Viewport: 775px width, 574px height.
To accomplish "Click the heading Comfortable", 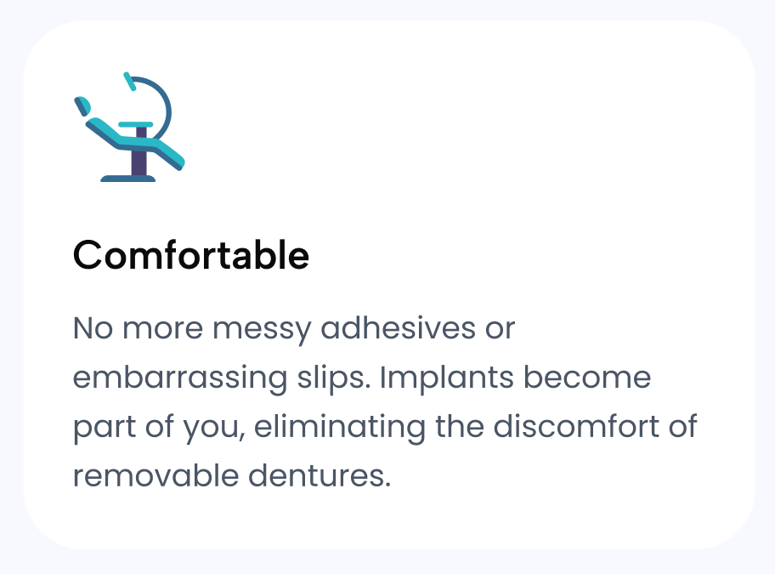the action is coord(191,255).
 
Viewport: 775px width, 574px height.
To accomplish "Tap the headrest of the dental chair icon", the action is coord(82,106).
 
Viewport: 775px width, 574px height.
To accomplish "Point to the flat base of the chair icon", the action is coord(128,179).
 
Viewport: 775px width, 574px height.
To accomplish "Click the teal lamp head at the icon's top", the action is coord(129,81).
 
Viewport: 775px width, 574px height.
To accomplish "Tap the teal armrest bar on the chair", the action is coord(135,125).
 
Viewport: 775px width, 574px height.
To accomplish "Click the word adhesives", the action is coord(399,327).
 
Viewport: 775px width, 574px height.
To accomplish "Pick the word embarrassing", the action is coord(180,378).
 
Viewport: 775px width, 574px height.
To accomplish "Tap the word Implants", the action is coord(447,378).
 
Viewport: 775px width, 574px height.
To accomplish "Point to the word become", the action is coord(587,377).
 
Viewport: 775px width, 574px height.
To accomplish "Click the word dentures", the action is coord(320,475).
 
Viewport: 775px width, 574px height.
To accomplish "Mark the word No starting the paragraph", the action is coord(93,328).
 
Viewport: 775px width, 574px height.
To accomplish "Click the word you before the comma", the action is coord(213,429).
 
